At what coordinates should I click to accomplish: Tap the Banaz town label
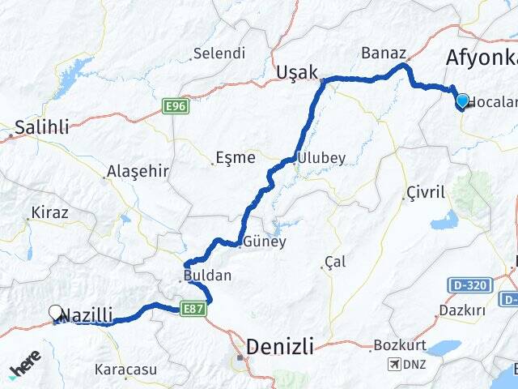(384, 53)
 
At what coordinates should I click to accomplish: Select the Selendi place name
(219, 54)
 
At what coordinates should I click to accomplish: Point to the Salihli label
(41, 126)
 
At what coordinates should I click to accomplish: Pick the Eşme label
(236, 158)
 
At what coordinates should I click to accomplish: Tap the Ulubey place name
(321, 158)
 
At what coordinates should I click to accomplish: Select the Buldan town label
(208, 276)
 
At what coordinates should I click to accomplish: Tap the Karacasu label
(125, 370)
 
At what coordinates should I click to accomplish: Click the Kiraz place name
(49, 213)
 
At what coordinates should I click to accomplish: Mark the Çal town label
(334, 262)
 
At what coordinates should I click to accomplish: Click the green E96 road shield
(175, 106)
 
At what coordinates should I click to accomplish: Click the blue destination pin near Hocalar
(462, 101)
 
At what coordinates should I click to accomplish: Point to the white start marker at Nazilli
(56, 312)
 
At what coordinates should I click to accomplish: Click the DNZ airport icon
(394, 364)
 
